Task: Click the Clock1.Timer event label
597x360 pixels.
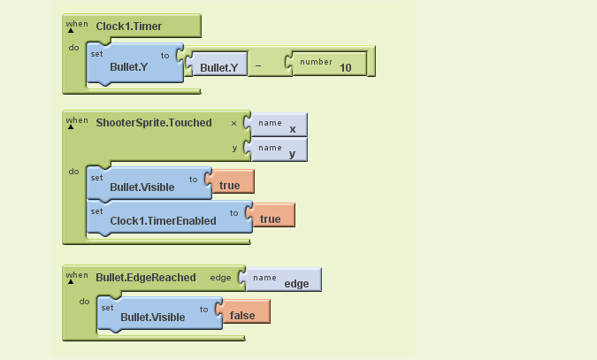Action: click(129, 27)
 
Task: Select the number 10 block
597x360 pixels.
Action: click(327, 63)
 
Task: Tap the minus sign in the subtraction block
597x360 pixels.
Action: click(258, 65)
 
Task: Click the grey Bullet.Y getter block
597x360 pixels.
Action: click(217, 63)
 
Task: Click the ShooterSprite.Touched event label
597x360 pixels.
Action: click(154, 123)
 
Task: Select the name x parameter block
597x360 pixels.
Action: click(276, 125)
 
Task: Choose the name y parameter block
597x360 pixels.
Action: click(276, 149)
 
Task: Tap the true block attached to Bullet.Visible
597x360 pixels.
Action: click(230, 181)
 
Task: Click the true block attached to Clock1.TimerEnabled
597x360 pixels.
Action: click(271, 215)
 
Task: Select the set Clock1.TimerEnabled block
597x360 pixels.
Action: click(170, 218)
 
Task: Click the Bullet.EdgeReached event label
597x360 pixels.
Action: click(146, 278)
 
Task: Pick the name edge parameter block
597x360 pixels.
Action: click(280, 280)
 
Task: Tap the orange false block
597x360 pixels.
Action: click(243, 311)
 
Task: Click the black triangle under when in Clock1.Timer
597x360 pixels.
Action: click(71, 30)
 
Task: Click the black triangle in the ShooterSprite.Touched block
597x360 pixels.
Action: click(71, 126)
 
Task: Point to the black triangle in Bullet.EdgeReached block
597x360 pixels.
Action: click(71, 281)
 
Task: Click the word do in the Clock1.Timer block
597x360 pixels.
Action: click(74, 48)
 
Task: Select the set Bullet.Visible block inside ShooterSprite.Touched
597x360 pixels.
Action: click(149, 184)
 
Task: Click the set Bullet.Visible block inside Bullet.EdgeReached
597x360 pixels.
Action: click(160, 314)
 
